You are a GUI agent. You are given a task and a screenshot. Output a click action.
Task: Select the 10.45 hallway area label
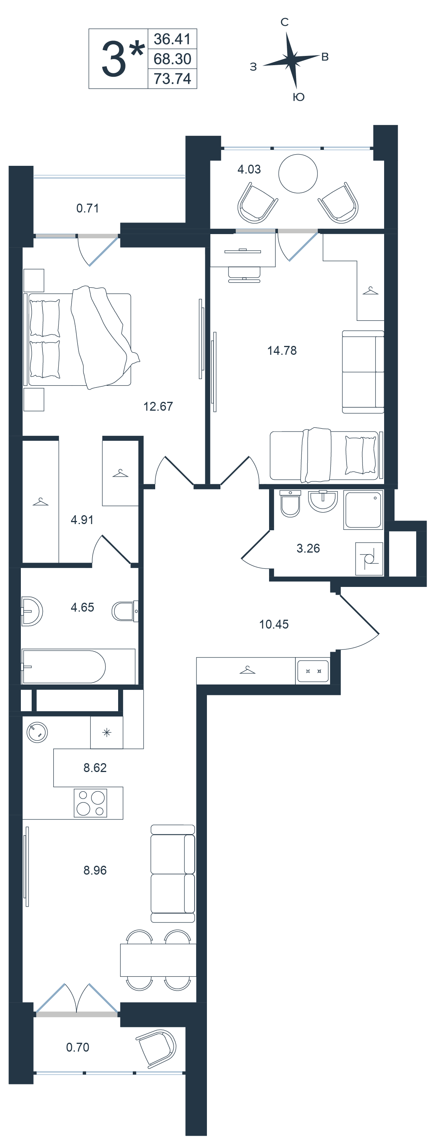pos(274,624)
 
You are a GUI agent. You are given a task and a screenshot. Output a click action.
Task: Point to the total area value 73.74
pos(172,79)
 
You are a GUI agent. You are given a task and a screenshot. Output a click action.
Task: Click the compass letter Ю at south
pos(298,97)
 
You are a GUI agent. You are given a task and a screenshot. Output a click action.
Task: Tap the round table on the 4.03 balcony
pos(298,174)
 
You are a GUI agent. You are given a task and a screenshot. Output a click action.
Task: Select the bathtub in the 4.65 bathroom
pos(78,666)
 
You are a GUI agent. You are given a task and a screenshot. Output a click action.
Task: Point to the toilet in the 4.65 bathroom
pos(125,611)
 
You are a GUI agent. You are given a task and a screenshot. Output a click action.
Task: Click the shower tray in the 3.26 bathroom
pos(363,509)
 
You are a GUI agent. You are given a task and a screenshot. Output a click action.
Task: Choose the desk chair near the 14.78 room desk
pos(244,275)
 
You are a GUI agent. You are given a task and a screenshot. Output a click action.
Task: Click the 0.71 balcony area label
pos(88,208)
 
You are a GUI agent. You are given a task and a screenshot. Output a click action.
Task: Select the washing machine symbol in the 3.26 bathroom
pos(369,559)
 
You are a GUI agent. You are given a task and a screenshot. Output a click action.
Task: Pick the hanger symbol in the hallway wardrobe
pos(247,670)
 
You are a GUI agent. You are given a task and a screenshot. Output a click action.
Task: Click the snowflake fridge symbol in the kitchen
pos(107,733)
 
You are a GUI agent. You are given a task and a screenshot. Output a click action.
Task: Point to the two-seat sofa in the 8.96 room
pos(173,874)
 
